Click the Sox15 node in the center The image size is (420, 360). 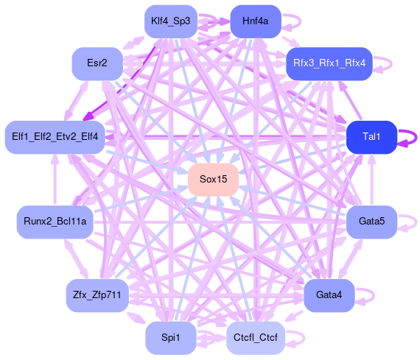[x=214, y=180]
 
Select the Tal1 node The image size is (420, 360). [x=371, y=137]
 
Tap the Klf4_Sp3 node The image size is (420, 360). [x=171, y=21]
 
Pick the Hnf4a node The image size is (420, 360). [x=256, y=21]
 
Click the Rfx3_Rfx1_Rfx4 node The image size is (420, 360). [x=329, y=64]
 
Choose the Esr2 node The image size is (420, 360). [x=97, y=64]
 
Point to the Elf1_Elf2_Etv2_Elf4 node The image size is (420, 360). [x=55, y=137]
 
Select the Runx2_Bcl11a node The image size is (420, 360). [x=55, y=222]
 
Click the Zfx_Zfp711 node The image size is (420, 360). [x=97, y=295]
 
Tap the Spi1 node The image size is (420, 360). [x=171, y=338]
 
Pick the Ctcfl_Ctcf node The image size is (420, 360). [x=256, y=338]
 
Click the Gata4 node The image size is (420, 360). [x=329, y=295]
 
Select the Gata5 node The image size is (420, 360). [x=371, y=222]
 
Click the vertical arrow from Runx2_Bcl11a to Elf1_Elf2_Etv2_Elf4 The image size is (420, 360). [x=55, y=180]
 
